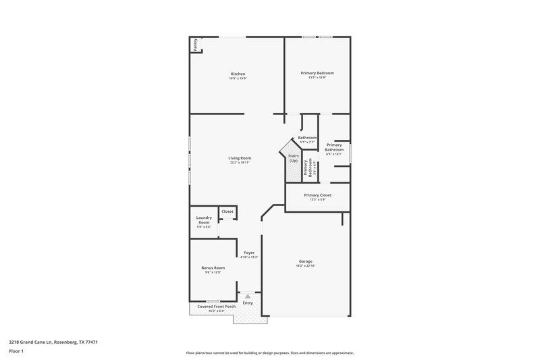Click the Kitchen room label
[238, 74]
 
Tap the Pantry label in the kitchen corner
[195, 45]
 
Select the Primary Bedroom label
[317, 73]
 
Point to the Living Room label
[240, 158]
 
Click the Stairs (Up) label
[294, 158]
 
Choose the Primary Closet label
[317, 195]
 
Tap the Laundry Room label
[204, 220]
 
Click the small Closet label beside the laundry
[227, 211]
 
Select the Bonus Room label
[213, 267]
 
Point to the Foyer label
[249, 253]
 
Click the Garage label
[306, 261]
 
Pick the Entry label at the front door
[248, 303]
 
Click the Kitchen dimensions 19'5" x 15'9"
[238, 78]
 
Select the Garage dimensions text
[306, 265]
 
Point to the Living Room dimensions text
[240, 163]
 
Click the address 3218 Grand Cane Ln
[53, 342]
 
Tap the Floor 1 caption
[17, 352]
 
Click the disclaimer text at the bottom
[269, 353]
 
